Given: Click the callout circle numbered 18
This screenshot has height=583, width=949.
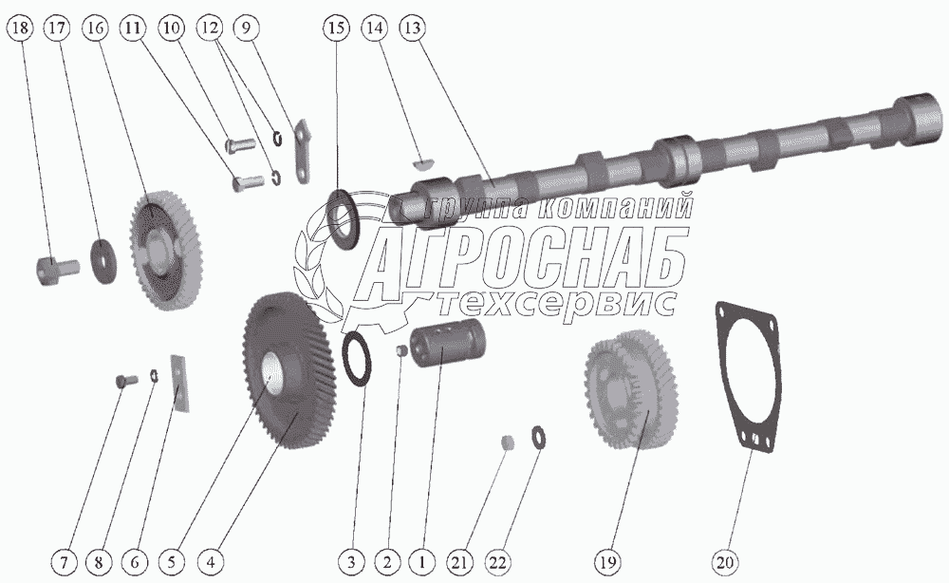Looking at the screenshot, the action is tap(20, 28).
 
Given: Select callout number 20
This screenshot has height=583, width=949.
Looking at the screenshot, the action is tap(725, 562).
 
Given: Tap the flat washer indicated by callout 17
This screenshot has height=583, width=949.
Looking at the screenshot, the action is tap(103, 260).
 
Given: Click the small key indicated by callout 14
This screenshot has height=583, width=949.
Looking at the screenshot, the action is tap(422, 161).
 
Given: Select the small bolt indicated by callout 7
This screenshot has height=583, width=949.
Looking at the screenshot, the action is tap(126, 381).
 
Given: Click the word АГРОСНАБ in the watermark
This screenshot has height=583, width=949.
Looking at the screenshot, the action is tap(526, 262).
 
